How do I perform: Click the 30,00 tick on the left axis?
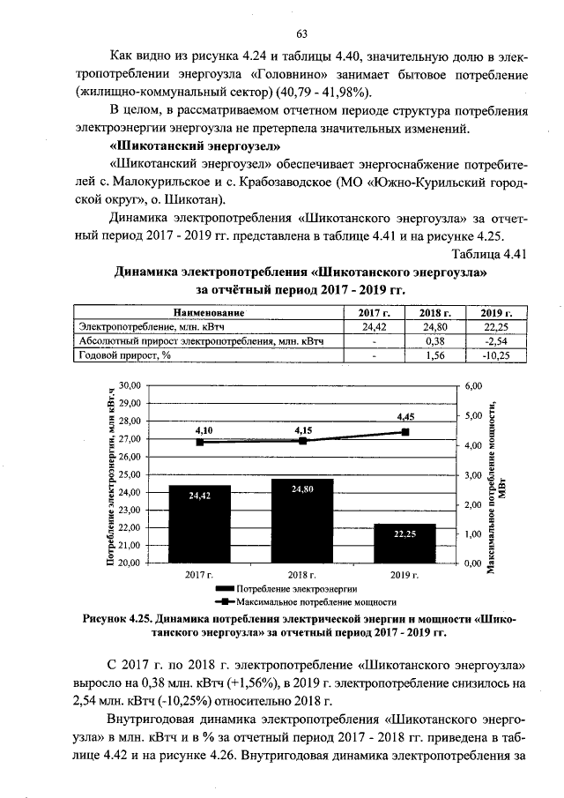pyautogui.click(x=130, y=386)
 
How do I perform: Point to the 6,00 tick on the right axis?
pyautogui.click(x=475, y=386)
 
